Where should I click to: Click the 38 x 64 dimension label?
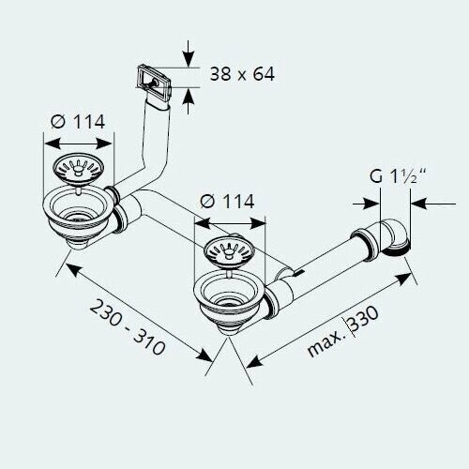[x=242, y=74]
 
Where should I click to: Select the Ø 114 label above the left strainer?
[x=78, y=122]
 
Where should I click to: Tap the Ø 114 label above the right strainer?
[x=227, y=202]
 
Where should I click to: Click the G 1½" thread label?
[x=398, y=176]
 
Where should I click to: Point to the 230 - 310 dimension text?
[x=128, y=327]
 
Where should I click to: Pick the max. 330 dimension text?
[x=343, y=331]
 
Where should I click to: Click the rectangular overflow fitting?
[x=154, y=81]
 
